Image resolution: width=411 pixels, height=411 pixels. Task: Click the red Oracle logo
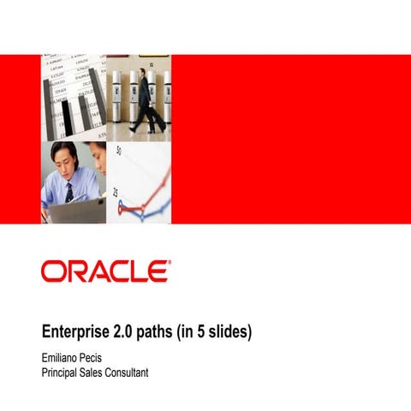pyautogui.click(x=104, y=271)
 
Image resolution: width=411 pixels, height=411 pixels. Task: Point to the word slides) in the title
pyautogui.click(x=229, y=331)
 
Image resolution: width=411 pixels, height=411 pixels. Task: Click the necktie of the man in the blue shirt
pyautogui.click(x=69, y=191)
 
